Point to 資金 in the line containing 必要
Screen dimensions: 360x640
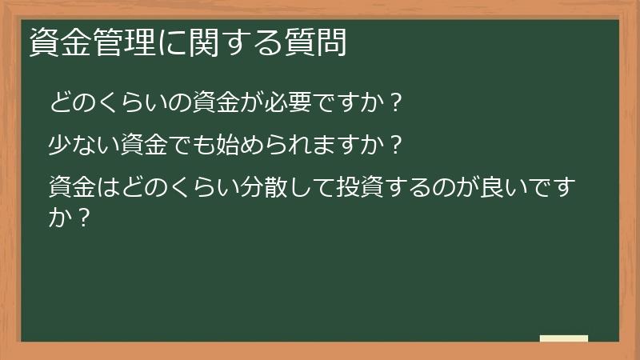(198, 103)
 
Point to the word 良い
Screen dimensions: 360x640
(499, 191)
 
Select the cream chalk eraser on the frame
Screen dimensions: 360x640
(563, 338)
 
